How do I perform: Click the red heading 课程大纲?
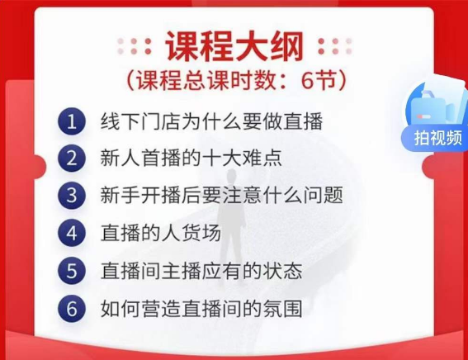[x=234, y=46]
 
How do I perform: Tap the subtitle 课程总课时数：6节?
[x=236, y=80]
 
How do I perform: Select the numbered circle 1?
[x=72, y=121]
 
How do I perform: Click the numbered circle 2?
[x=72, y=159]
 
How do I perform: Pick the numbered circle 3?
[x=72, y=196]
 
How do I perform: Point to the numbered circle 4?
[x=72, y=233]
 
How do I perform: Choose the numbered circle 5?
[x=72, y=271]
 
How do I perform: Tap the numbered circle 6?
[x=72, y=308]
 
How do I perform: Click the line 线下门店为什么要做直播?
[x=211, y=121]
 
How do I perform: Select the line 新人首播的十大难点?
[x=191, y=159]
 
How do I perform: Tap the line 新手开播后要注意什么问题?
[x=221, y=195]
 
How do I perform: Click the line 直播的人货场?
[x=161, y=233]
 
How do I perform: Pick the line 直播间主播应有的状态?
[x=201, y=271]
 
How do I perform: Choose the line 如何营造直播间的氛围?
[x=201, y=308]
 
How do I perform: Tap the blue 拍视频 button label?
[x=437, y=138]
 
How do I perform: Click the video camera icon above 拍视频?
[x=437, y=107]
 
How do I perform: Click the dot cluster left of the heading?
[x=134, y=46]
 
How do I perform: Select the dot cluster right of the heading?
[x=335, y=46]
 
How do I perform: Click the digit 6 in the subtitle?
[x=306, y=80]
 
